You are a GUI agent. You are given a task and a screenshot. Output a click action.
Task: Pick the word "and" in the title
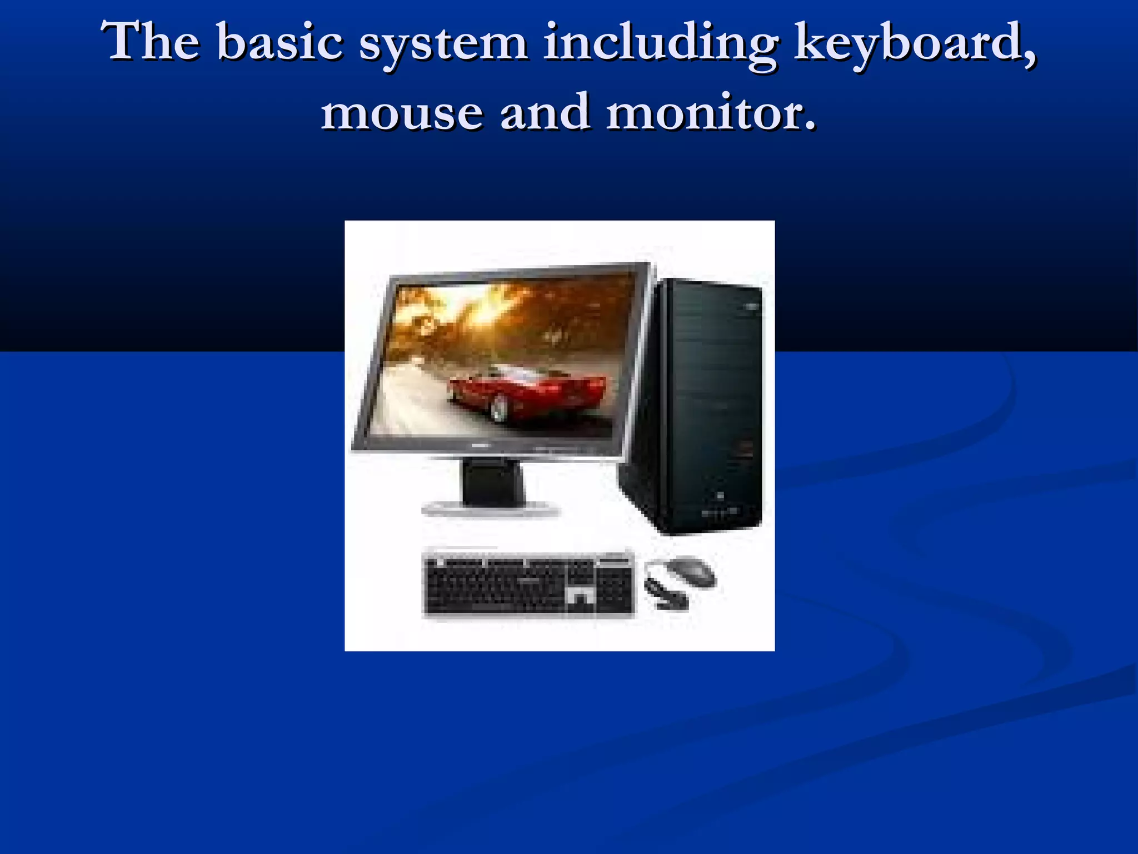pyautogui.click(x=544, y=112)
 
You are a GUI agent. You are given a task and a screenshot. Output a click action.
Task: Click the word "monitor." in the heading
pyautogui.click(x=711, y=113)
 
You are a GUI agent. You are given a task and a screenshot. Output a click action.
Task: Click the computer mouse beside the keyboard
pyautogui.click(x=691, y=572)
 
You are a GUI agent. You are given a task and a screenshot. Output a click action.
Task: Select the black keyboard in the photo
pyautogui.click(x=528, y=584)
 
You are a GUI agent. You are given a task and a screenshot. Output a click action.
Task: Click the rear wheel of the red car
pyautogui.click(x=499, y=410)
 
